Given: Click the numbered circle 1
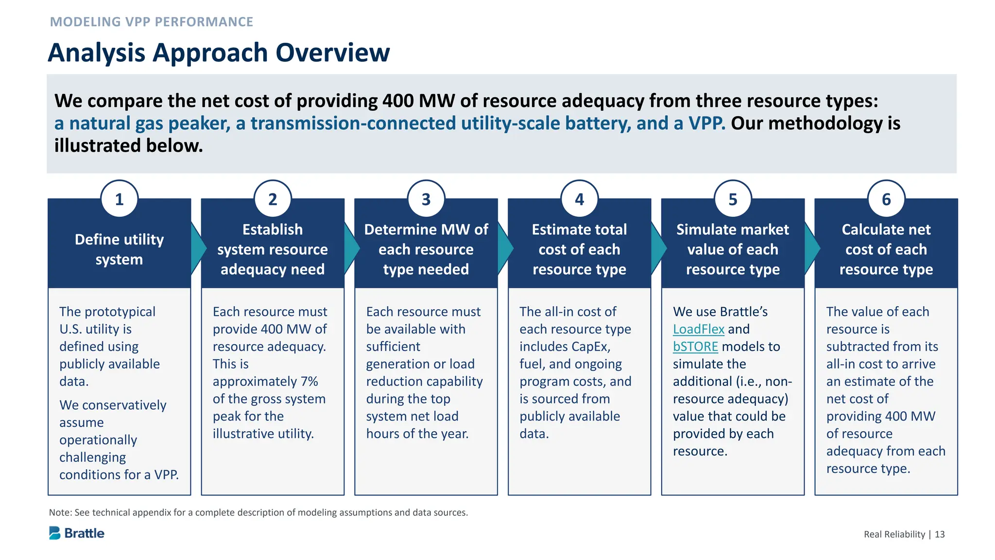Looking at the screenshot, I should tap(119, 199).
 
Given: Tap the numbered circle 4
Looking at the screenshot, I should tap(579, 199).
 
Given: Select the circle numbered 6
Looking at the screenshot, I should tap(886, 199).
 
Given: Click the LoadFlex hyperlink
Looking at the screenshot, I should tap(698, 329).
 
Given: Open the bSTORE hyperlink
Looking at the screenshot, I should tap(695, 347).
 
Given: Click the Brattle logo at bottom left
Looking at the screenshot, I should tap(77, 533).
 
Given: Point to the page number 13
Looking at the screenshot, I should tap(940, 534).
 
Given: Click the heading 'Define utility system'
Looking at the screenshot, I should tap(119, 249).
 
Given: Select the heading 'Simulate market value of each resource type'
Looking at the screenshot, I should tap(733, 249).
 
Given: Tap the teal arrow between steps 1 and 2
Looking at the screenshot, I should tap(198, 248).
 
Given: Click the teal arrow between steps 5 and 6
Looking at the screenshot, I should tap(811, 248).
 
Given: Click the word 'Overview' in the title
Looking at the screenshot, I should tap(333, 52).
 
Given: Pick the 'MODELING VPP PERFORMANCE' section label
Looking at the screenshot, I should tap(152, 22).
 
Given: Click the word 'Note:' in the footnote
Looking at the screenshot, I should tap(60, 512).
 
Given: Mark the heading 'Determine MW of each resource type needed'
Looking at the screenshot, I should tap(426, 249).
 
